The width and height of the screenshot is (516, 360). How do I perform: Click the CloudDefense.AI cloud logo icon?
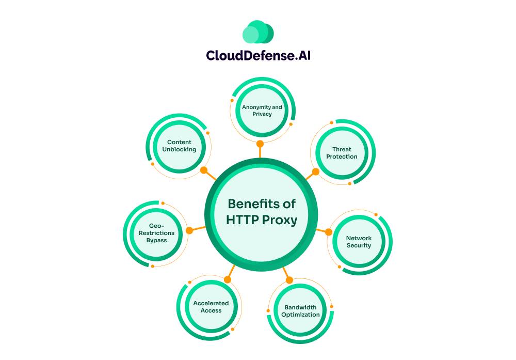tap(258, 32)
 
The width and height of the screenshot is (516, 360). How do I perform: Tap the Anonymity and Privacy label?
tap(262, 111)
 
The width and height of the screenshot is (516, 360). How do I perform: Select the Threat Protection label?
tap(342, 153)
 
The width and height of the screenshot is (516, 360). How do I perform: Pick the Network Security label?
tap(359, 242)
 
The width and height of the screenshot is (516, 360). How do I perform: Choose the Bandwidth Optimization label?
tap(300, 311)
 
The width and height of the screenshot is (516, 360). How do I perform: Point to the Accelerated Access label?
tap(211, 307)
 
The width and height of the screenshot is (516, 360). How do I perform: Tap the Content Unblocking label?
tap(179, 146)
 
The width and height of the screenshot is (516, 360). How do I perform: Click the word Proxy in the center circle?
tap(279, 220)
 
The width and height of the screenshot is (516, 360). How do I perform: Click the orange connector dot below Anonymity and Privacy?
tap(260, 144)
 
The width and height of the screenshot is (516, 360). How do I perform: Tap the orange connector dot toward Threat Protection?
tap(316, 171)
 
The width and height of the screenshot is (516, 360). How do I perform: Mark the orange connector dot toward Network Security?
tap(328, 231)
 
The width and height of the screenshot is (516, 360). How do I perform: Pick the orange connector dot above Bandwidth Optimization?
tap(289, 280)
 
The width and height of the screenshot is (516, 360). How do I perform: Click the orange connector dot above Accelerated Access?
tap(228, 279)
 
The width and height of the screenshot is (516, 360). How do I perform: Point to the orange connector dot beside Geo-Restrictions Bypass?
tap(189, 230)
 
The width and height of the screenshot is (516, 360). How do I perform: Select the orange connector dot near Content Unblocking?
tap(204, 170)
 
